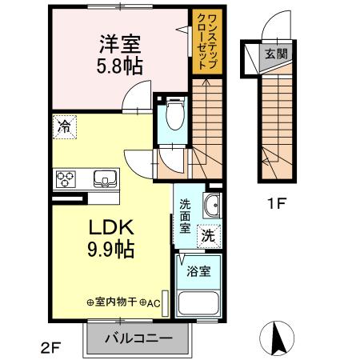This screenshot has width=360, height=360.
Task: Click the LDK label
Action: [x=110, y=226]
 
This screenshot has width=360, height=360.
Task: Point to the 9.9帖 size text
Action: [x=110, y=249]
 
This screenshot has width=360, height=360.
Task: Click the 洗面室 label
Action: [x=185, y=215]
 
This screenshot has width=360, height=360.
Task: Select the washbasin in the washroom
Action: [x=211, y=206]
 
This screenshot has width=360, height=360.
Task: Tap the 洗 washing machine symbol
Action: [x=207, y=236]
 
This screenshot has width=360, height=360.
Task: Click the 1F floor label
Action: [x=276, y=203]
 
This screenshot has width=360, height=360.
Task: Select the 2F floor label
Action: [x=50, y=346]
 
